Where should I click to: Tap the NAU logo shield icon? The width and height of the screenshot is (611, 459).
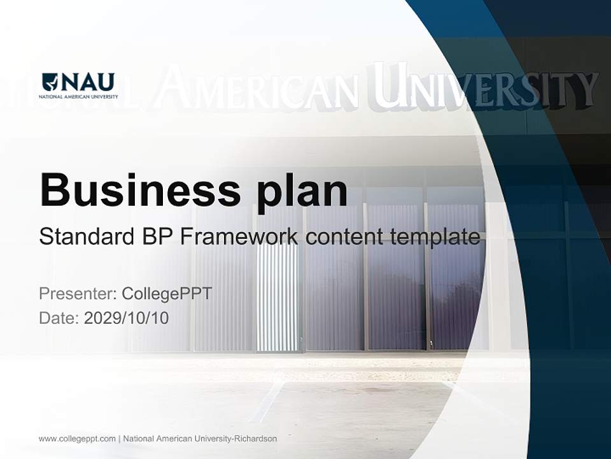[50, 82]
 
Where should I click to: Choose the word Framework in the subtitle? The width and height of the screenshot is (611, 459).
[239, 237]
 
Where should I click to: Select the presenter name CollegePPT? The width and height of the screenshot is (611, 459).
[167, 294]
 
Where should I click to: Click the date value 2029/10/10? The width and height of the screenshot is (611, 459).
[127, 317]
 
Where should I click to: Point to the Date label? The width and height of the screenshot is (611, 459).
[59, 317]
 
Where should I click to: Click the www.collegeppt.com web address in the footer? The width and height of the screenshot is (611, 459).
[77, 439]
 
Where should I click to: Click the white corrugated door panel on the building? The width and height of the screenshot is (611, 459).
[277, 296]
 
